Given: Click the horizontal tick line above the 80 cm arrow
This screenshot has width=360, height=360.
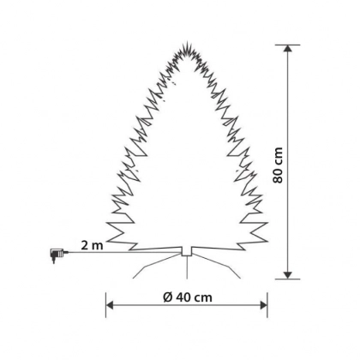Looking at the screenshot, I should pyautogui.click(x=287, y=45).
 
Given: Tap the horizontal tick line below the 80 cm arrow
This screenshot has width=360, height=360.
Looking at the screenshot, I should pyautogui.click(x=287, y=279).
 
